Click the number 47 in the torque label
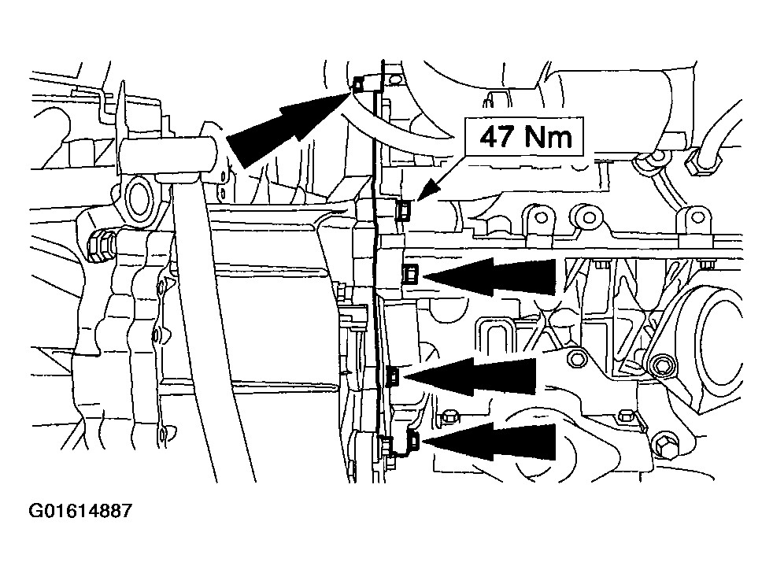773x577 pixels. tap(497, 136)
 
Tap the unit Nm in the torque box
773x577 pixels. tap(548, 136)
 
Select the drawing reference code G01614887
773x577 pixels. tap(80, 511)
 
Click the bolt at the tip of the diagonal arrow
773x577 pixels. tap(360, 84)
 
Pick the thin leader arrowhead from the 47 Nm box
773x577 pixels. tap(428, 190)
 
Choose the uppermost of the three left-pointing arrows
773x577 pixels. tap(489, 276)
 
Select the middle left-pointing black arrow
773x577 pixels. tap(469, 376)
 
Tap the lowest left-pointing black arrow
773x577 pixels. tap(489, 441)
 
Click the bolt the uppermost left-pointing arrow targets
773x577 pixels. tap(410, 273)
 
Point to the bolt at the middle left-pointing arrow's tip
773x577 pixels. tap(394, 376)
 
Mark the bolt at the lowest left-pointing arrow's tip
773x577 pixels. tap(413, 440)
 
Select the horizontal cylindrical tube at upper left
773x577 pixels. tap(169, 155)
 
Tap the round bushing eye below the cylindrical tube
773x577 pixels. tap(139, 200)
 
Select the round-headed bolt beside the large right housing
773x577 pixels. tap(659, 365)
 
